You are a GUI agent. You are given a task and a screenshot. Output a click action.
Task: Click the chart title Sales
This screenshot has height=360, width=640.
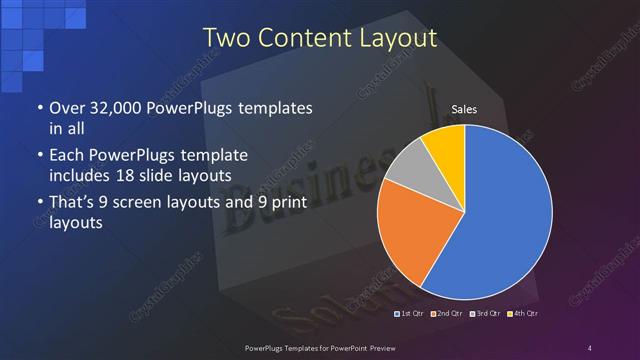(463, 108)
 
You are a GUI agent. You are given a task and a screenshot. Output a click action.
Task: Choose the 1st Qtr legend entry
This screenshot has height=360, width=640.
(414, 314)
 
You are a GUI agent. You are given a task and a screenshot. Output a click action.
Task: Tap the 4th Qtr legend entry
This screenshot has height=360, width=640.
(522, 314)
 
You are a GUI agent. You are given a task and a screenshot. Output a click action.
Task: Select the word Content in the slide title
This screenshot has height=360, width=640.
(298, 39)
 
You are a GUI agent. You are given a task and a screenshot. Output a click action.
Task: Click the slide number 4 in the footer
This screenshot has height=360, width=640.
(590, 347)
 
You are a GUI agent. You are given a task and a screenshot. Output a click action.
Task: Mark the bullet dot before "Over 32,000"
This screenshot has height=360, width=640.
(38, 108)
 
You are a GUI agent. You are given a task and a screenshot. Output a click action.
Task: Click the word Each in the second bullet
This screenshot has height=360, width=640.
(66, 156)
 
